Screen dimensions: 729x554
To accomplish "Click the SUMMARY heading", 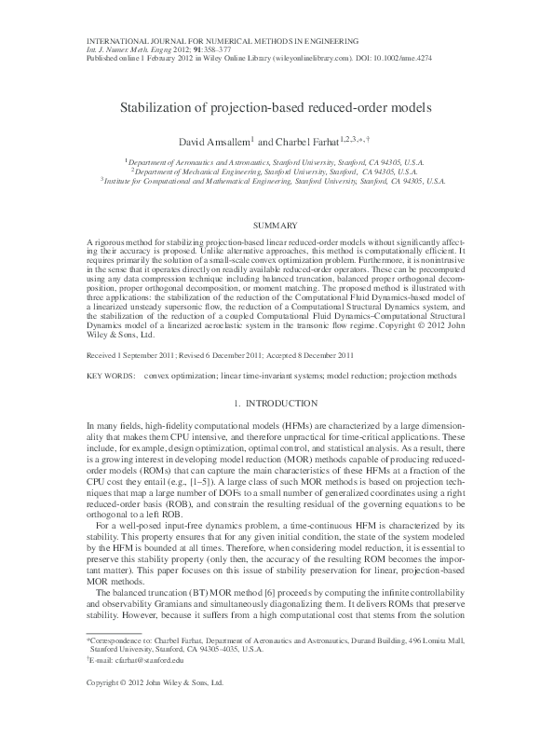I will pyautogui.click(x=277, y=226).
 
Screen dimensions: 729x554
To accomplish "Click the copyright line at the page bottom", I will pyautogui.click(x=155, y=709).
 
